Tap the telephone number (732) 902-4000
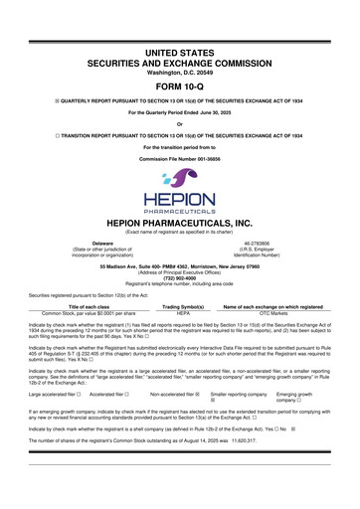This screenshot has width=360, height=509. pos(180,277)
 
